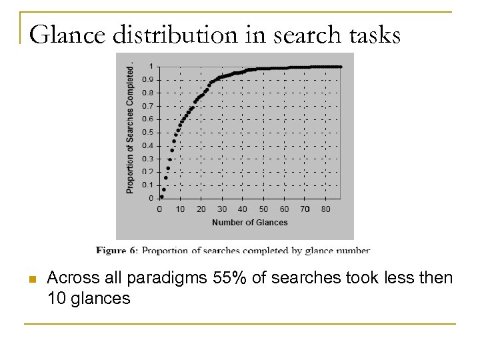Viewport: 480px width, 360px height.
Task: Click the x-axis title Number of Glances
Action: tap(249, 223)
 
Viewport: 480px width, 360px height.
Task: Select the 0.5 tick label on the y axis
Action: tap(151, 132)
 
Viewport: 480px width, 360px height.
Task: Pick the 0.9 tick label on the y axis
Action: tap(151, 79)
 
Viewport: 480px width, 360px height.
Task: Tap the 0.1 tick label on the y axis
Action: tap(151, 185)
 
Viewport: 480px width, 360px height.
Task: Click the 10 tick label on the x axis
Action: tap(180, 209)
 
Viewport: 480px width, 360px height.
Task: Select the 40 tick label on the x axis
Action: tap(243, 209)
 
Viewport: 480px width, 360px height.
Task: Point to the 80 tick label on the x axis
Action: tap(326, 209)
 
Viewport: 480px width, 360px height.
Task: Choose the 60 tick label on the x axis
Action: tap(285, 209)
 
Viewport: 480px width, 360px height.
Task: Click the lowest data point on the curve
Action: tap(161, 197)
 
